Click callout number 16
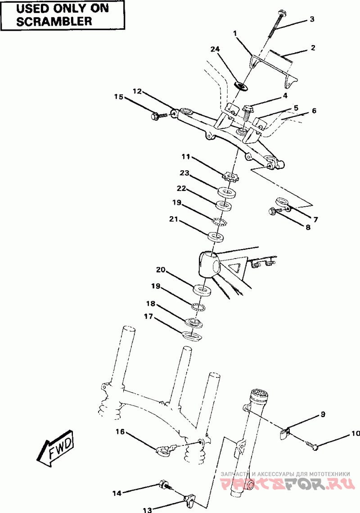click(x=120, y=432)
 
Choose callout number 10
click(x=355, y=434)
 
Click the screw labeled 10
click(x=313, y=446)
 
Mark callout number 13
click(x=147, y=510)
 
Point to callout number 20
click(x=161, y=270)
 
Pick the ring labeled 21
click(x=216, y=237)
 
